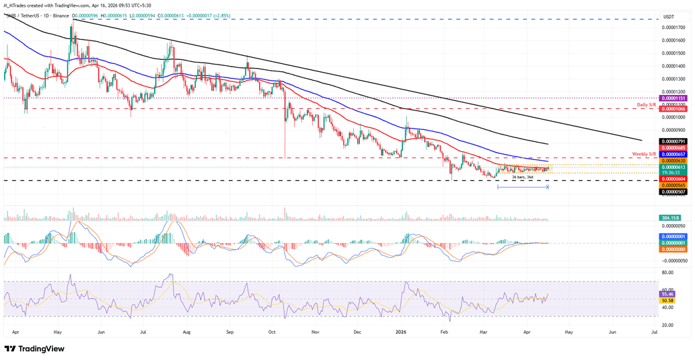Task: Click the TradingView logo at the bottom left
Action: click(x=35, y=349)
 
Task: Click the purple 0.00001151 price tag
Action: click(x=673, y=98)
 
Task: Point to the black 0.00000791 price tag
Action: click(x=673, y=141)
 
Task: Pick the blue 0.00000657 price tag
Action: click(x=673, y=154)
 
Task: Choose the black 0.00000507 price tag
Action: click(x=673, y=192)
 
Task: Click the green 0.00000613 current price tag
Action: click(x=673, y=167)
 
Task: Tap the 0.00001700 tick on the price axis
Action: click(x=673, y=28)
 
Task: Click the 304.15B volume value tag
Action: click(x=671, y=218)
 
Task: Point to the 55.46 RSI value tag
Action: click(x=668, y=294)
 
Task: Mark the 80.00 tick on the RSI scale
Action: click(x=668, y=273)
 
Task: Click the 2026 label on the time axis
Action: click(x=402, y=332)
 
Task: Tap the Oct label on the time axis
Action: click(x=272, y=332)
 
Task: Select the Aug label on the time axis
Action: click(x=186, y=332)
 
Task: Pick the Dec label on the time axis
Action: click(x=357, y=332)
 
